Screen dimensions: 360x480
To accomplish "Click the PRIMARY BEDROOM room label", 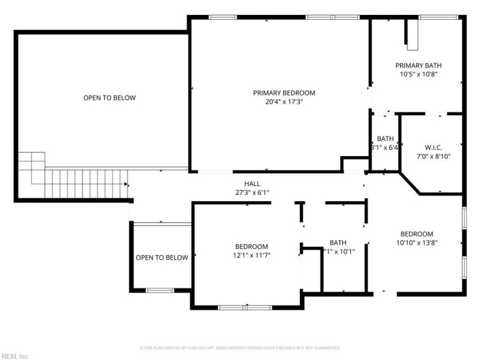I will coord(284,93).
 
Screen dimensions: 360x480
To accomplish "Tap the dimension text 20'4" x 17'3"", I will coord(284,102).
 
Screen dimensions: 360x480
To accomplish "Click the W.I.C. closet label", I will coord(433,147).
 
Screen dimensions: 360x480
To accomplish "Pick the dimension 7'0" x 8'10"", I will coord(433,157).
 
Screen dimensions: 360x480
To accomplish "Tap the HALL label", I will coord(252,184).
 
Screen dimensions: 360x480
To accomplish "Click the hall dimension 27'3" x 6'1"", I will coord(252,193).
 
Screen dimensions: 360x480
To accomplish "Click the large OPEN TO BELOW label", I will coord(109,98).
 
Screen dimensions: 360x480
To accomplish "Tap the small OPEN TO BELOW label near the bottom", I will coord(161,257).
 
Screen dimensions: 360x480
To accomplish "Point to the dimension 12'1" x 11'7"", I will coord(251,256).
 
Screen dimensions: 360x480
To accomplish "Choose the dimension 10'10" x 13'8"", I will coord(416,243).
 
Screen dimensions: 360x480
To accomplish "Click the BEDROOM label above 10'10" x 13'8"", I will coord(416,234).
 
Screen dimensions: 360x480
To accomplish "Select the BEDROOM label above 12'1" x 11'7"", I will coord(251,247).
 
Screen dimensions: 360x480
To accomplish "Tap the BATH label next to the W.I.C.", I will coord(385,139).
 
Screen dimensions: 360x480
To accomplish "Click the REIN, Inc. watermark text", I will coord(15,356).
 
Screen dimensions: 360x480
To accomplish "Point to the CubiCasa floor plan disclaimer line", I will coord(240,347).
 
